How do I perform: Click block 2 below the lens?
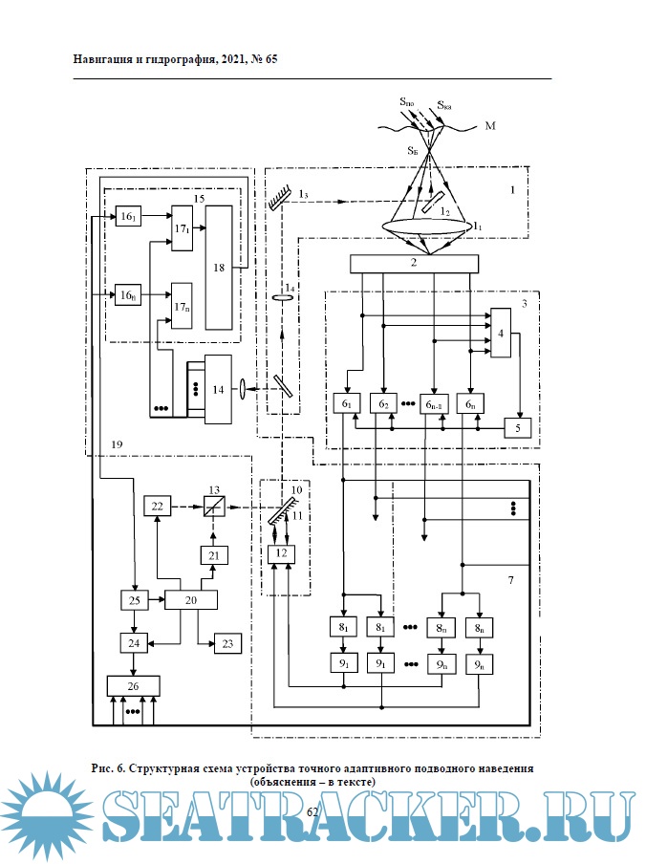coord(414,263)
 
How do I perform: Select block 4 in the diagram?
coord(500,333)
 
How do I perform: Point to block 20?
coord(191,599)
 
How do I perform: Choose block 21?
coord(212,554)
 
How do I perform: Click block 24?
coord(134,642)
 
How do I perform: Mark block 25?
coord(134,599)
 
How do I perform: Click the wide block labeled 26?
coord(133,684)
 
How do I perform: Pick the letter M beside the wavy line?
coord(490,126)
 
